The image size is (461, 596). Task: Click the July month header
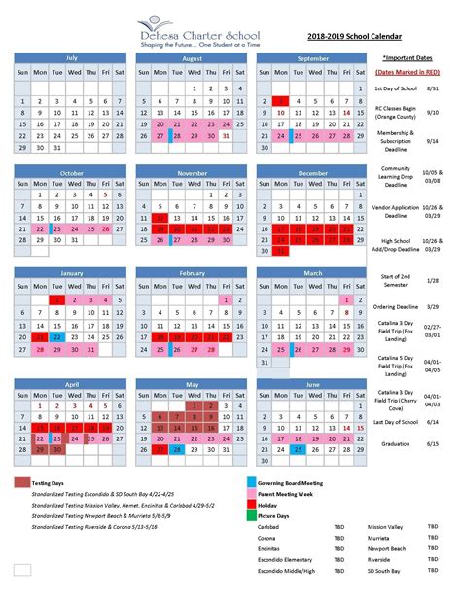click(70, 57)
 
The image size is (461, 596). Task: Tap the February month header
click(192, 274)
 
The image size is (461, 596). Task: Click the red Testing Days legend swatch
click(22, 483)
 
